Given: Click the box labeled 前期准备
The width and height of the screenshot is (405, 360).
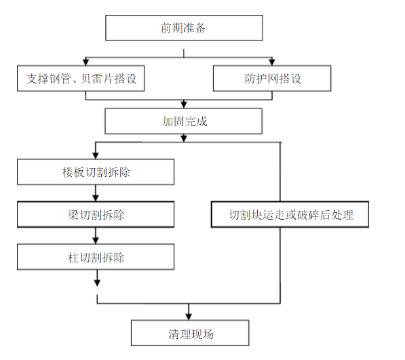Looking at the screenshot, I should click(183, 28).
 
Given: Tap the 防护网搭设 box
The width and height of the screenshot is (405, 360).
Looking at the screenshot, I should click(272, 79).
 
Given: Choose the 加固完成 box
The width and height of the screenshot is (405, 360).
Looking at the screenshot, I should click(183, 122).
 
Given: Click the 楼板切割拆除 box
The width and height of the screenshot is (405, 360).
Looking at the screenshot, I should click(96, 172).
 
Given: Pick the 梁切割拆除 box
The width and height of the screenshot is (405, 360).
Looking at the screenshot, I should click(96, 215).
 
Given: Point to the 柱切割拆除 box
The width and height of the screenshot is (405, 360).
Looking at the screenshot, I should click(96, 258).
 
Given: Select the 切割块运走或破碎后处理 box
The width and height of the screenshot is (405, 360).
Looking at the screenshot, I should click(290, 215).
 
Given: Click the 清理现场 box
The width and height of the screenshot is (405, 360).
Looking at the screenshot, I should click(189, 334).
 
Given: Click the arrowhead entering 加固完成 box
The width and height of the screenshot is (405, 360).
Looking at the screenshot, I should click(183, 105).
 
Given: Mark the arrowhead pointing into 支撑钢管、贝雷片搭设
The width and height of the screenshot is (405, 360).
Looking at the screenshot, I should click(85, 62).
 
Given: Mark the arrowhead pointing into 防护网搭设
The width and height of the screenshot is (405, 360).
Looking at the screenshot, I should click(272, 62).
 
